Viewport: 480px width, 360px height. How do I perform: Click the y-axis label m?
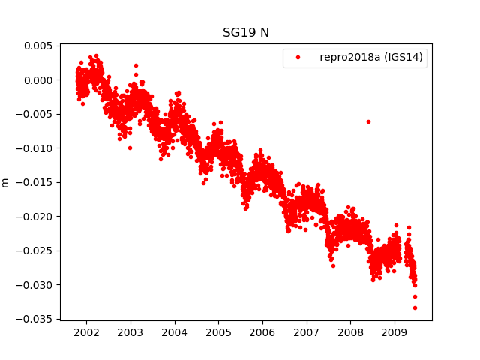click(x=6, y=182)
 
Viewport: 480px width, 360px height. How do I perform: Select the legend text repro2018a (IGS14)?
click(x=373, y=58)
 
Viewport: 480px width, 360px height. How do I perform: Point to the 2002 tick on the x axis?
click(x=86, y=331)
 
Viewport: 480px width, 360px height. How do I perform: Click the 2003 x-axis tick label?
click(x=130, y=331)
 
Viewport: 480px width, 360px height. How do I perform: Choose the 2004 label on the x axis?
click(x=175, y=331)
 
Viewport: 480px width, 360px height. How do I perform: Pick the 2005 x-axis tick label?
click(x=218, y=331)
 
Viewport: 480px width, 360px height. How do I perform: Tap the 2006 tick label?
click(x=262, y=331)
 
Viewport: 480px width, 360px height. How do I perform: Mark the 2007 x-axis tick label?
click(x=307, y=331)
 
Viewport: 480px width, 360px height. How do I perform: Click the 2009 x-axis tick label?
click(x=394, y=331)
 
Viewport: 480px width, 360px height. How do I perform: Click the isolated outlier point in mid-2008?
click(x=368, y=121)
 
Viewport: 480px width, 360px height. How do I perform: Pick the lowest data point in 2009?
click(x=415, y=307)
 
